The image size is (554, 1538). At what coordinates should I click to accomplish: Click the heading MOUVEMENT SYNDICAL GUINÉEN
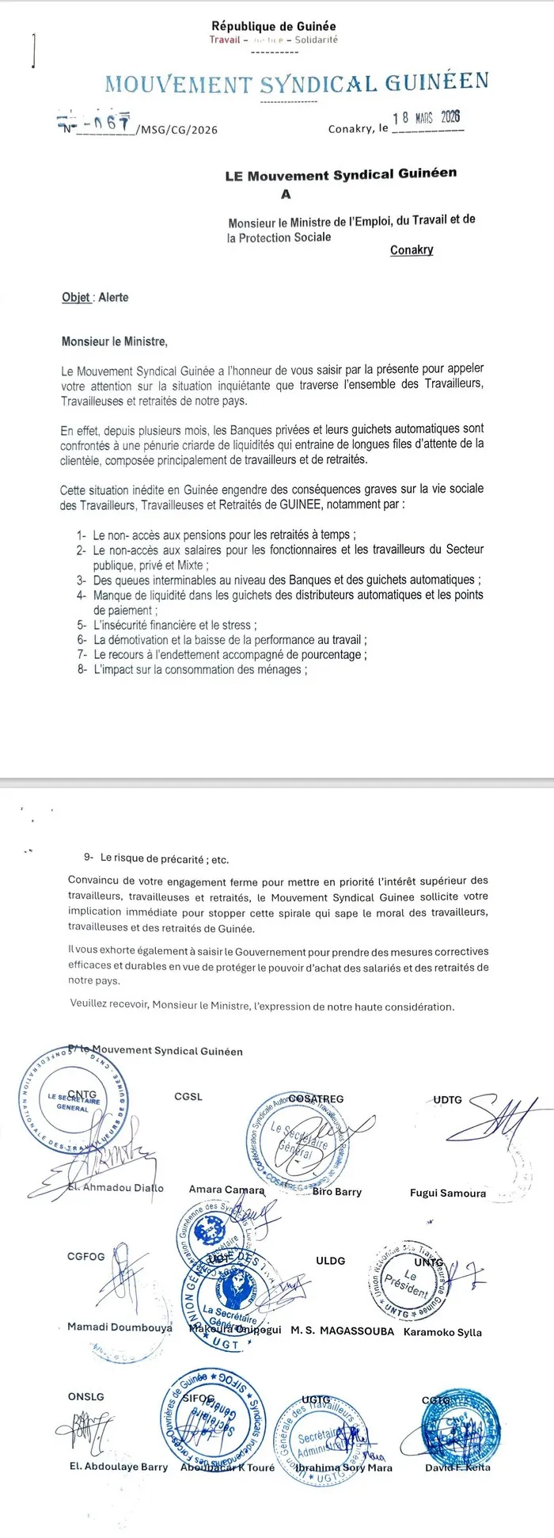296,82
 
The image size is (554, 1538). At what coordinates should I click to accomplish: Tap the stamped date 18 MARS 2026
426,117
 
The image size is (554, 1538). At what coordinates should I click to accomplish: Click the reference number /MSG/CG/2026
176,130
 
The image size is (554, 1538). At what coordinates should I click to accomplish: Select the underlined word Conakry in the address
412,250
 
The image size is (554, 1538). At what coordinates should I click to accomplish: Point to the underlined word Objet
76,298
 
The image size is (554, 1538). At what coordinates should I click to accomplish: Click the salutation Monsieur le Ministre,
115,342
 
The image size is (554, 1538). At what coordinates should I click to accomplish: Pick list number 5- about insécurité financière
82,625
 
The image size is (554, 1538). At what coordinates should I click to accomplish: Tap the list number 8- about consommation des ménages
82,669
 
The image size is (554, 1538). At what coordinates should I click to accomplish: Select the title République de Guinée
274,27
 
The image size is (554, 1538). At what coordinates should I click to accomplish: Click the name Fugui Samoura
448,1193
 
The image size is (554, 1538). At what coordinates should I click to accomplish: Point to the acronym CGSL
188,1097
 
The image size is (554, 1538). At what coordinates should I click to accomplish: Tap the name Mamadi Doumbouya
120,1327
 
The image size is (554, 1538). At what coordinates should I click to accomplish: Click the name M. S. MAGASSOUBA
342,1331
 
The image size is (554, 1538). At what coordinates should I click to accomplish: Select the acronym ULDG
330,1261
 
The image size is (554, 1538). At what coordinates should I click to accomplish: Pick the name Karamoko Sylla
442,1332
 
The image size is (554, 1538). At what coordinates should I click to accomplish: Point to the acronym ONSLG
86,1397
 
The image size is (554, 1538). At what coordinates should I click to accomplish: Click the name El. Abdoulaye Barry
119,1467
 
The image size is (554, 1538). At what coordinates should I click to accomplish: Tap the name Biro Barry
337,1191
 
